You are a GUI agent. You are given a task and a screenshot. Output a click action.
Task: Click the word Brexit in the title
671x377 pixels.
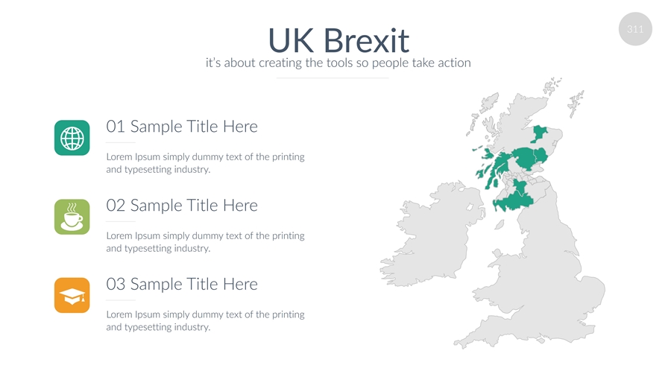pyautogui.click(x=366, y=41)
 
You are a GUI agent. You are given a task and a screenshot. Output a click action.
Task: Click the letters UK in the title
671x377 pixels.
pyautogui.click(x=292, y=41)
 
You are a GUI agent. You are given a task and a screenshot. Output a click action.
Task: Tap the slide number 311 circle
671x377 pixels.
pyautogui.click(x=635, y=29)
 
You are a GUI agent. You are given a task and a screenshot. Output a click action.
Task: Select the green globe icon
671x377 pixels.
pyautogui.click(x=72, y=138)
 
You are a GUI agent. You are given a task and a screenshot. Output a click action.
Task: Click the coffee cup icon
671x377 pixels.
pyautogui.click(x=72, y=217)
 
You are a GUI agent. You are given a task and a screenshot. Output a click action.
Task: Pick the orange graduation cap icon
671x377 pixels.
pyautogui.click(x=72, y=295)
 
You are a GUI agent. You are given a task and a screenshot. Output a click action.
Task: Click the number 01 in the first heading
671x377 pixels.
pyautogui.click(x=116, y=127)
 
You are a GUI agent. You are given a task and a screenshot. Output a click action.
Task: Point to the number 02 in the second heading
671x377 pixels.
pyautogui.click(x=116, y=206)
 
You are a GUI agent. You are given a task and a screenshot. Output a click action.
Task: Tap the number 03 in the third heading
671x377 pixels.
pyautogui.click(x=116, y=285)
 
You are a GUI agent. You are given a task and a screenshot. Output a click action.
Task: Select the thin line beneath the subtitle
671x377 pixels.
pyautogui.click(x=333, y=78)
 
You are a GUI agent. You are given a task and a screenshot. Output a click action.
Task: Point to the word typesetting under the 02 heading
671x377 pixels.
pyautogui.click(x=146, y=249)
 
